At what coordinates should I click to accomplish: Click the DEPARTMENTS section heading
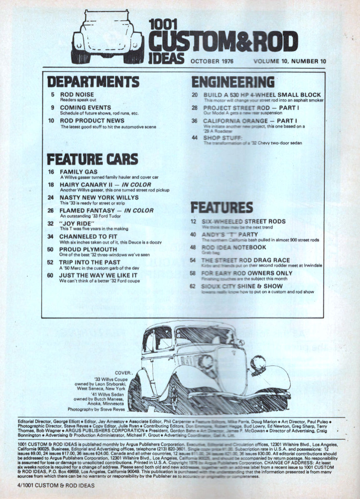[93, 81]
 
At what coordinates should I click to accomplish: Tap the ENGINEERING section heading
[233, 81]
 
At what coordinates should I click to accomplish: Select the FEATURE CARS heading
[92, 159]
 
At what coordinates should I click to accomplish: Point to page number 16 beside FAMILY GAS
[52, 171]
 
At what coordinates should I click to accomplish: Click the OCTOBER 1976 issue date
[212, 62]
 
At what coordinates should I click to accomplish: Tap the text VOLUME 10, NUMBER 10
[289, 62]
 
